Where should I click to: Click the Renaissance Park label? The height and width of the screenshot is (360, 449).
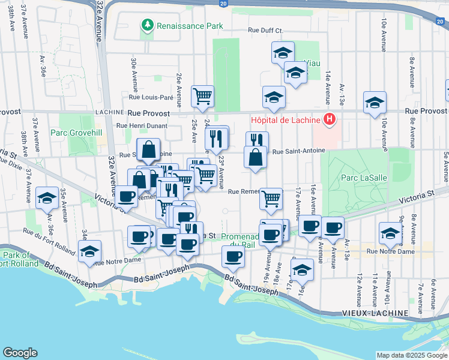189,26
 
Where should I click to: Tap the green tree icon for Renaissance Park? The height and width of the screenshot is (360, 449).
147,25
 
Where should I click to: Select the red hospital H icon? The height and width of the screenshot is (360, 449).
329,119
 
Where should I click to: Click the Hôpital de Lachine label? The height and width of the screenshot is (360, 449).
285,119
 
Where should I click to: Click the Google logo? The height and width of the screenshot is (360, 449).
20,353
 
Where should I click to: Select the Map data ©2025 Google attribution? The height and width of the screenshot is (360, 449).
411,355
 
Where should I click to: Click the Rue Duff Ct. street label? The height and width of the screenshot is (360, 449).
265,31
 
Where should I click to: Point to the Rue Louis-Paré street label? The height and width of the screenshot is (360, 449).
151,97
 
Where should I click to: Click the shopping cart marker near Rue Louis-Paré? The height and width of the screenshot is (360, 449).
203,96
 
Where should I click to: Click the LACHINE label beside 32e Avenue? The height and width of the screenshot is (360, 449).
110,113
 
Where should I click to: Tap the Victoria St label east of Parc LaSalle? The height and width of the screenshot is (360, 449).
418,195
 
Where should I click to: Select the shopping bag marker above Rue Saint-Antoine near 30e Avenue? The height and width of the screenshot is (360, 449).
148,149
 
